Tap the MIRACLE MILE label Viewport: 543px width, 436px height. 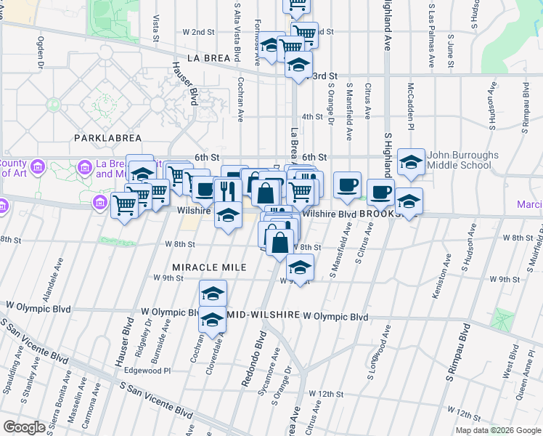click(x=210, y=267)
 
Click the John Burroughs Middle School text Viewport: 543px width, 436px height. click(x=462, y=160)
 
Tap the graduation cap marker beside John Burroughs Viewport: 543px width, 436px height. click(x=411, y=163)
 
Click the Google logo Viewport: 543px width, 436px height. click(x=24, y=427)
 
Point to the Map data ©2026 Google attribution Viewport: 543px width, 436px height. click(x=498, y=430)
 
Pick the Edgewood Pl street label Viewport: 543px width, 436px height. click(x=147, y=369)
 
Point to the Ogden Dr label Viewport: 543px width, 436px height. click(x=41, y=53)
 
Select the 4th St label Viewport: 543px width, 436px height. click(x=312, y=116)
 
